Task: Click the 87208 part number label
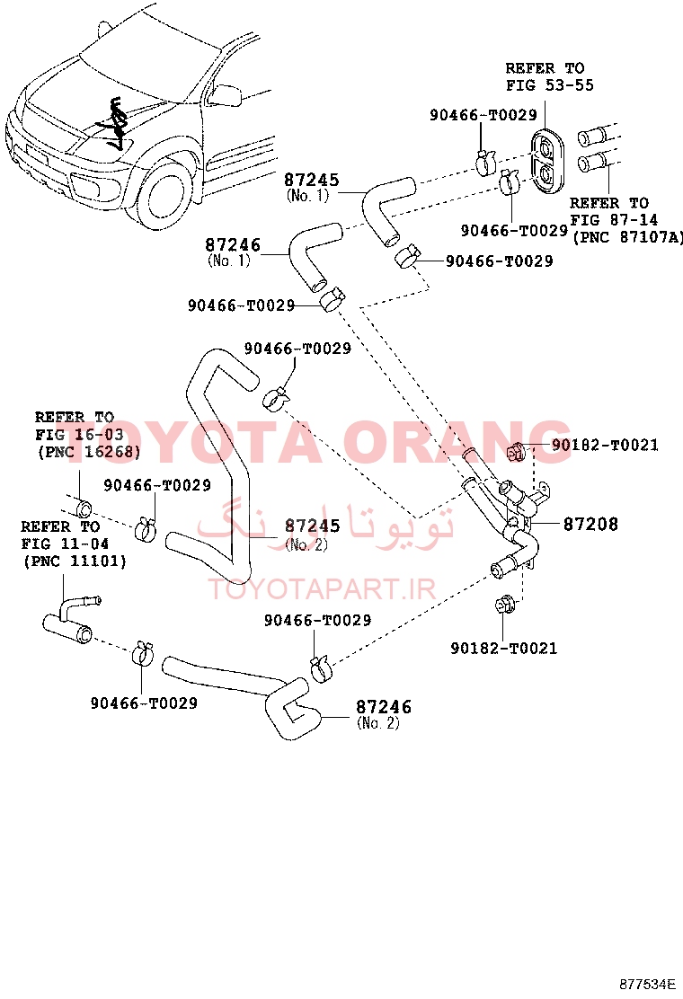(x=590, y=524)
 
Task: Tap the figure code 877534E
(x=647, y=984)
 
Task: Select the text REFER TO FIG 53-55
(x=549, y=76)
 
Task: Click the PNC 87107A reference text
(x=627, y=237)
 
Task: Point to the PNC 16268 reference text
(x=89, y=452)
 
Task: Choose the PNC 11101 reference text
(x=75, y=561)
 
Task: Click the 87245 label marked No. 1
(x=311, y=187)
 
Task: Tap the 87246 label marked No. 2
(x=383, y=713)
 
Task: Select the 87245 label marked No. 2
(x=312, y=534)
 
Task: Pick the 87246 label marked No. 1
(x=233, y=252)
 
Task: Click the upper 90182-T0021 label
(x=605, y=445)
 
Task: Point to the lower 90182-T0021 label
(x=503, y=648)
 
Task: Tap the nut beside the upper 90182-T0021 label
(x=516, y=451)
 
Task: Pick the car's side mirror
(x=226, y=94)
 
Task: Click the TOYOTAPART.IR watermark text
(x=322, y=589)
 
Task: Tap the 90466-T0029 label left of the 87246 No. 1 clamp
(x=241, y=305)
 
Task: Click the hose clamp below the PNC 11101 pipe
(x=143, y=654)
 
